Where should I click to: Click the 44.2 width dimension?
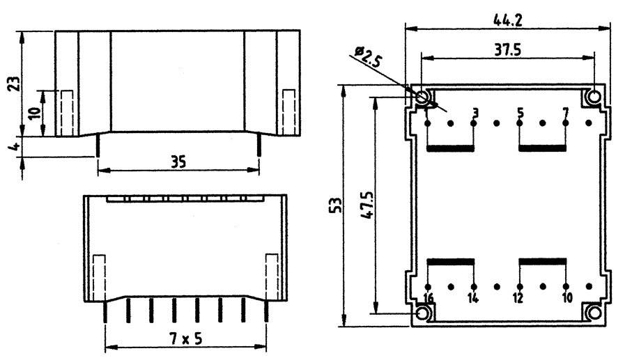point(508,19)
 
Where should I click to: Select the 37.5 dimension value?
point(509,49)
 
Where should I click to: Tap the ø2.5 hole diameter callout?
point(367,56)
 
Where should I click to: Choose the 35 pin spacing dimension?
point(178,162)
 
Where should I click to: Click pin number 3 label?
point(475,112)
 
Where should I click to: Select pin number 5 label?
point(520,112)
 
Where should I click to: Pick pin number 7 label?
point(565,112)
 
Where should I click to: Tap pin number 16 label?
point(429,299)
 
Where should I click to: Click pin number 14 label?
point(473,299)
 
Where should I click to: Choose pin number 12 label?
point(518,299)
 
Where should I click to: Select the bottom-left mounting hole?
point(423,313)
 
